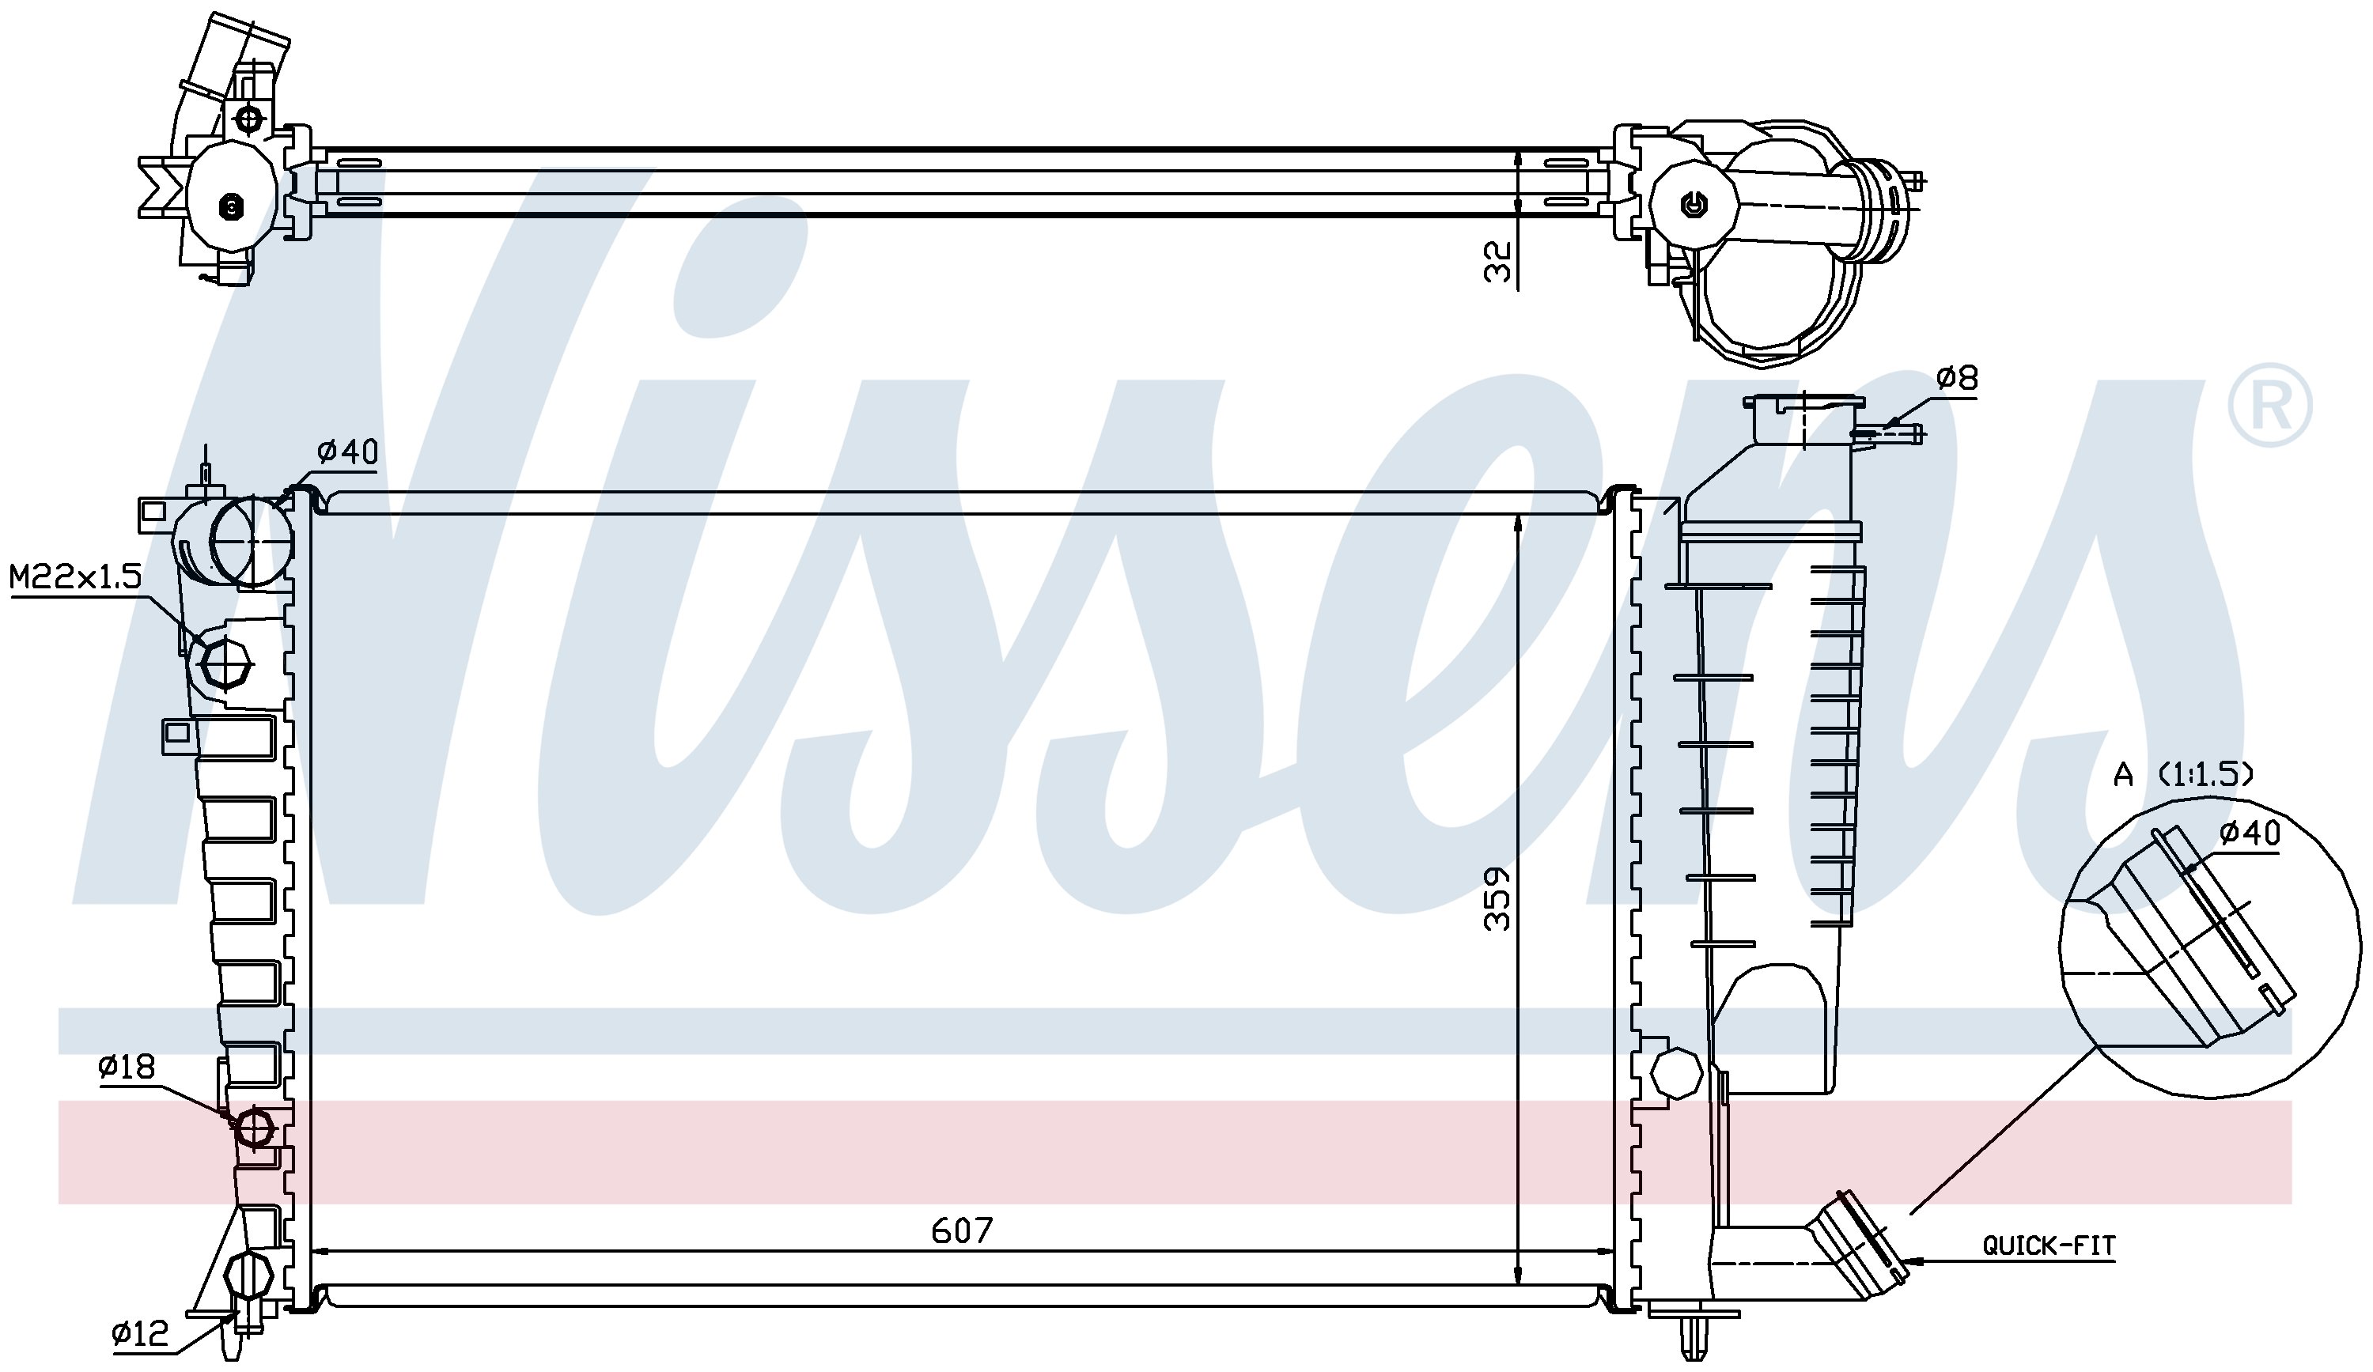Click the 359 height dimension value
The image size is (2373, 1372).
coord(1497,899)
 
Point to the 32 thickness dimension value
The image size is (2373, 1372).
coord(1497,261)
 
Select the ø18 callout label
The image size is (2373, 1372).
coord(127,1067)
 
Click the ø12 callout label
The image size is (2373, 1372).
coord(139,1333)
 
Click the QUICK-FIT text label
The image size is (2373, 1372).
coord(2049,1245)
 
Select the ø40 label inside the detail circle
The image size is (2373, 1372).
coord(2250,833)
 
